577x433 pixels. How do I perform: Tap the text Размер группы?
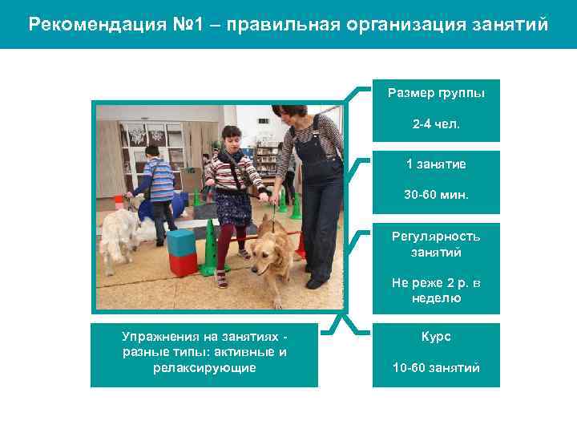[436, 94]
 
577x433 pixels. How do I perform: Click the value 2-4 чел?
[436, 125]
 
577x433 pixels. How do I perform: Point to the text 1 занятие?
[436, 164]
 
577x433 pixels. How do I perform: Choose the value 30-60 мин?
[436, 195]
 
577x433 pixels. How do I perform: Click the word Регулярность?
[436, 237]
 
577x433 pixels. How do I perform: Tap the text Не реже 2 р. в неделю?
[436, 290]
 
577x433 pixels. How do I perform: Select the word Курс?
[436, 337]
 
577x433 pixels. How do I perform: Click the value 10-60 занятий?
[436, 368]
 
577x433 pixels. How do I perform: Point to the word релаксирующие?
[204, 368]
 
